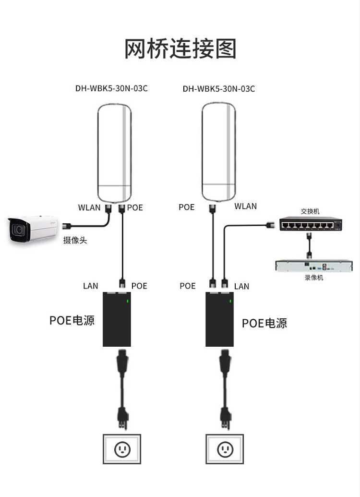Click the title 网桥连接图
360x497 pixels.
pyautogui.click(x=180, y=48)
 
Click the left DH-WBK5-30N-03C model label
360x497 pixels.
pyautogui.click(x=111, y=88)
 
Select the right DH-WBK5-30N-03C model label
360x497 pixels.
pyautogui.click(x=219, y=89)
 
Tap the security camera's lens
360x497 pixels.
pyautogui.click(x=18, y=230)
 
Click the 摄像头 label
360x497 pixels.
pyautogui.click(x=75, y=240)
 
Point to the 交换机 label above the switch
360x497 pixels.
pyautogui.click(x=310, y=211)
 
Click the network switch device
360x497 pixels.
pyautogui.click(x=311, y=224)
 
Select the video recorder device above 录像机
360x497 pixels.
pyautogui.click(x=314, y=266)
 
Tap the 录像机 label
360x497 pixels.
pyautogui.click(x=314, y=278)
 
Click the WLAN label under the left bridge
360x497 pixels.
pyautogui.click(x=89, y=207)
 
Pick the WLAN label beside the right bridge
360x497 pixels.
pyautogui.click(x=246, y=206)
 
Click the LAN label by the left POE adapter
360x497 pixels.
pyautogui.click(x=90, y=286)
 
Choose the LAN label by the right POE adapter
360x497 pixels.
pyautogui.click(x=241, y=287)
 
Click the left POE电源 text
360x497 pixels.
pyautogui.click(x=72, y=320)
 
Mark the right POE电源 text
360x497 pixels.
pyautogui.click(x=264, y=323)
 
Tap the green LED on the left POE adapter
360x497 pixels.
pyautogui.click(x=127, y=301)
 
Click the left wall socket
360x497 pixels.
pyautogui.click(x=122, y=449)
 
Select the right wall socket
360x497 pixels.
pyautogui.click(x=225, y=449)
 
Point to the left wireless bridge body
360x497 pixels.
pyautogui.click(x=114, y=153)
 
